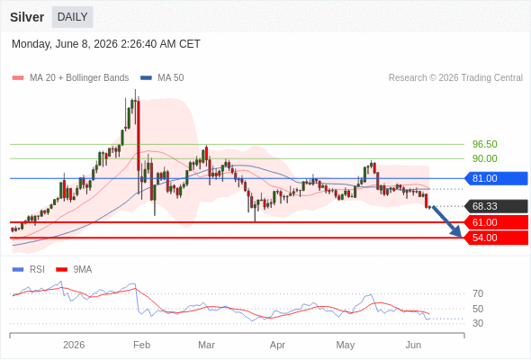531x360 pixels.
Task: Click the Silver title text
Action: [x=27, y=17]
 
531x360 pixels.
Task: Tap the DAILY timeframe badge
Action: [x=73, y=17]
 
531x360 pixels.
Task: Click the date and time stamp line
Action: [x=106, y=44]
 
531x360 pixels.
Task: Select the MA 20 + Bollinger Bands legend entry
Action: [x=70, y=78]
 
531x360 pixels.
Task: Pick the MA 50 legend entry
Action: [x=162, y=78]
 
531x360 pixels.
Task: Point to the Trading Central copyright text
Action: [x=455, y=78]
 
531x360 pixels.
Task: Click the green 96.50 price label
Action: [x=484, y=144]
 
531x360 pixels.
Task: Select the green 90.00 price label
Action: [x=484, y=158]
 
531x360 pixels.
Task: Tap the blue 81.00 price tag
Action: [x=496, y=178]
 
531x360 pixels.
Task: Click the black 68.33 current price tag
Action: [x=496, y=206]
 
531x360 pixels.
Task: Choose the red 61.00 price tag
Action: [x=496, y=222]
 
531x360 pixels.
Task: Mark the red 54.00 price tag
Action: [x=496, y=238]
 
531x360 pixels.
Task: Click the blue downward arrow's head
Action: [x=457, y=233]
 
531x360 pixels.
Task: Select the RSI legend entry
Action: [x=29, y=270]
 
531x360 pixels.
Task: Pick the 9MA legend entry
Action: [x=74, y=270]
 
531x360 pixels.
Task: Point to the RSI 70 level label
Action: [x=478, y=293]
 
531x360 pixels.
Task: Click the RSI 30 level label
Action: [x=478, y=323]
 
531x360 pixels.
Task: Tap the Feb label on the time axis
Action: [x=141, y=345]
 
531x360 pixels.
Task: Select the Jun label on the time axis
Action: [x=413, y=345]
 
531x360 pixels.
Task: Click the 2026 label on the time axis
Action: [x=74, y=345]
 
